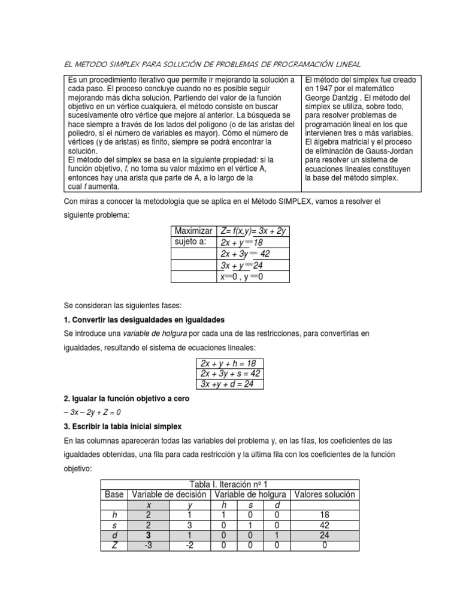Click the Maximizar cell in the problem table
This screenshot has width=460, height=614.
coord(193,231)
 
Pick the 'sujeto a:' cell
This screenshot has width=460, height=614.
coord(190,242)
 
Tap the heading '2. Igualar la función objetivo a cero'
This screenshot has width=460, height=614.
coord(126,399)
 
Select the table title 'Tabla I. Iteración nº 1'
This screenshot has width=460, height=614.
coord(229,484)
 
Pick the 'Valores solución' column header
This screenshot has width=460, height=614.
coord(324,495)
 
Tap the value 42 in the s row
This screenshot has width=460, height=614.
coord(324,525)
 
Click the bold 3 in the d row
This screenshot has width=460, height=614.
coord(148,535)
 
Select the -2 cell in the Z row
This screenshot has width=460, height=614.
coord(189,546)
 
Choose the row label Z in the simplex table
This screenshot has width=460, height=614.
coord(114,546)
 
